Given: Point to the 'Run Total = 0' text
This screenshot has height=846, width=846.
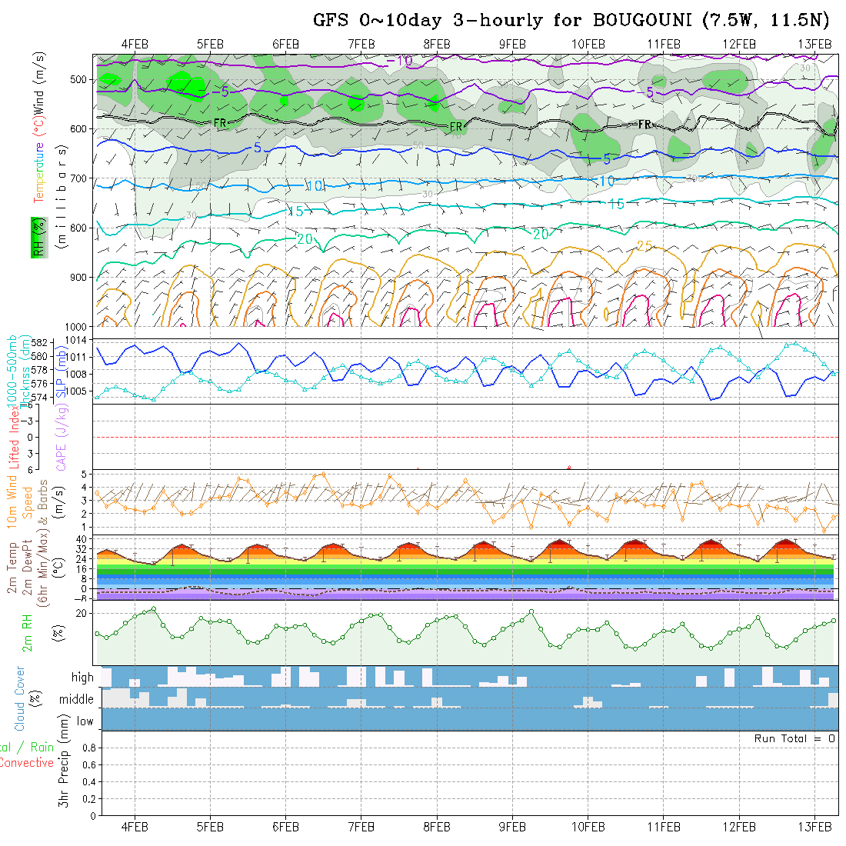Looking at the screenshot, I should coord(794,738).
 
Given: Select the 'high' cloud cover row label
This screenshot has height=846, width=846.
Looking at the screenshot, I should coord(82,678).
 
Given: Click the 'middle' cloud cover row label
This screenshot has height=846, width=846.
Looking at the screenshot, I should coord(76,700).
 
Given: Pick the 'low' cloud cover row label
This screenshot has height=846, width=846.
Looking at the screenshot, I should coord(85,721).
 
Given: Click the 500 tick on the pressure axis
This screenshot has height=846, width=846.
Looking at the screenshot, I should coord(80,79).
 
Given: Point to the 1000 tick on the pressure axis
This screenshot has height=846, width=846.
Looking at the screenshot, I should coord(77,326).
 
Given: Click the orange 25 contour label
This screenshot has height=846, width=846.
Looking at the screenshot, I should coord(644,246).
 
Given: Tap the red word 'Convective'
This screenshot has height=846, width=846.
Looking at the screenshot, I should coord(27,763).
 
